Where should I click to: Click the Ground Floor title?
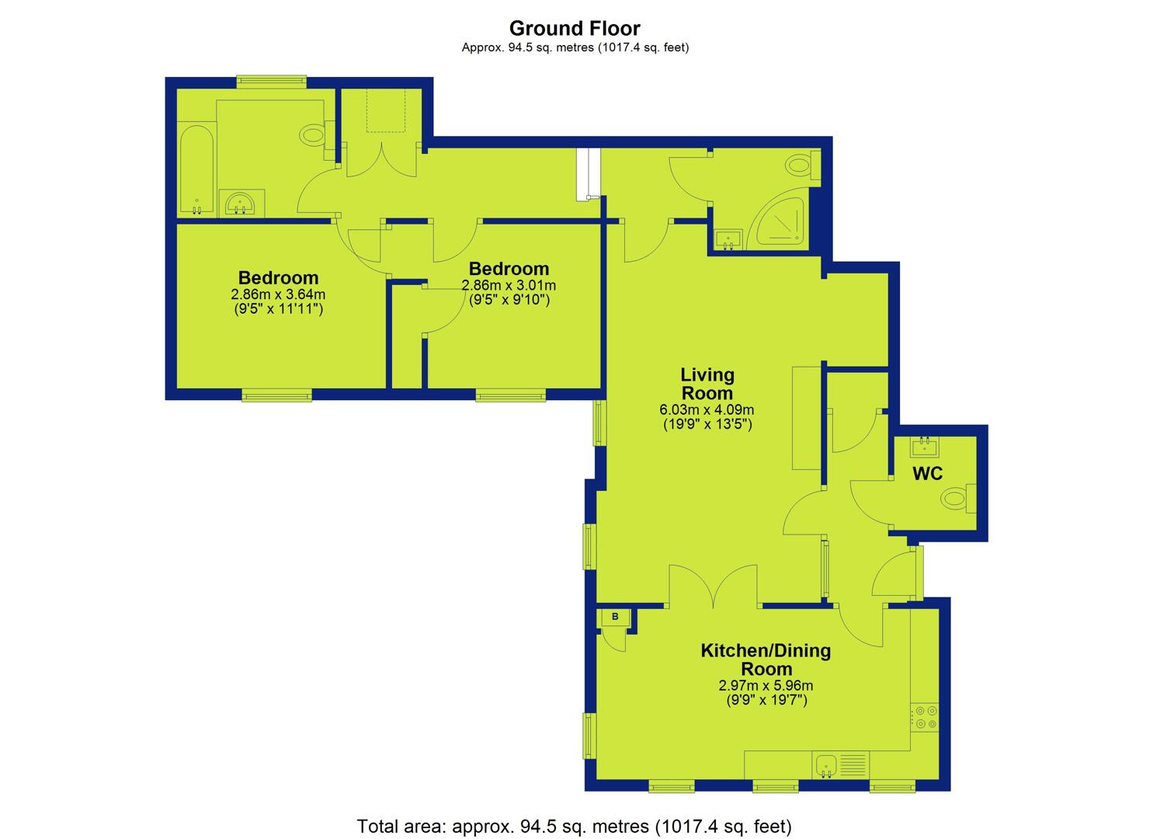575,28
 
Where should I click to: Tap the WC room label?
928,474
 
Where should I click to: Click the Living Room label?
707,384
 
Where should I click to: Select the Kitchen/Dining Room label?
766,660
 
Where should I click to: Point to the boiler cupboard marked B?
615,617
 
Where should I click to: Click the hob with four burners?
925,718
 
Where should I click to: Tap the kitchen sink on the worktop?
827,766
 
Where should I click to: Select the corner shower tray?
779,220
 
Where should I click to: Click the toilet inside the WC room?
958,499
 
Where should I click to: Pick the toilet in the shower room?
803,165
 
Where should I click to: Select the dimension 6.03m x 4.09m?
707,410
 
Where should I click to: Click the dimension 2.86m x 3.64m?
278,294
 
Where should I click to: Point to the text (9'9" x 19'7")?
766,700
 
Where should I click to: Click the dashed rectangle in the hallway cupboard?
386,111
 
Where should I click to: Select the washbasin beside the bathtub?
241,203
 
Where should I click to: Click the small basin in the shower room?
728,239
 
